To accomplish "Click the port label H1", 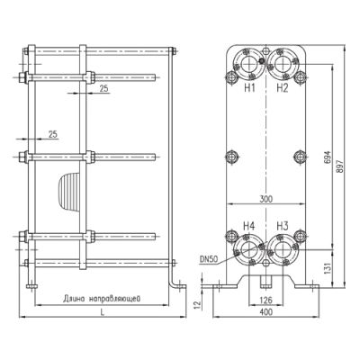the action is point(249,88).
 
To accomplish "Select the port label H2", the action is point(283,88).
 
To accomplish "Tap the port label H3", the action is point(283,226).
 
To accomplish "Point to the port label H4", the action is point(249,226).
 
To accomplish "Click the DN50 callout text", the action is point(208,259).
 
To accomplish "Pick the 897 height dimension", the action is point(339,166).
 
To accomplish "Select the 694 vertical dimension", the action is point(328,157).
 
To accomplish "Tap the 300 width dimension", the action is point(265,199).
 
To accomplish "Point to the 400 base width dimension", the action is point(266,312).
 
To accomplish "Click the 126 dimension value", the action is point(265,300).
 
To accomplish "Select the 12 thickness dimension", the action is point(197,305).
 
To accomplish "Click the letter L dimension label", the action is point(103,312).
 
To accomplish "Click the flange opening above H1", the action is point(247,64).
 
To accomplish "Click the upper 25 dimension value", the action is point(103,88).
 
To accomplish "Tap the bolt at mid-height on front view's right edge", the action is point(300,157).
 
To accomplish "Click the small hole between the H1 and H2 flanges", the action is point(265,50).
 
